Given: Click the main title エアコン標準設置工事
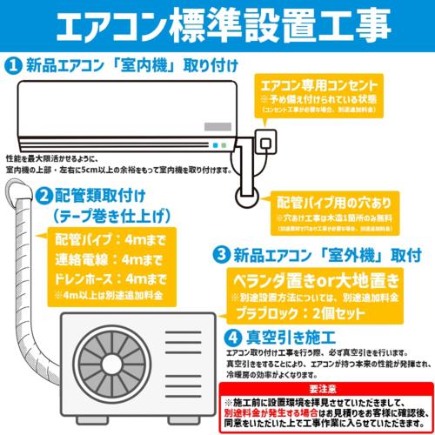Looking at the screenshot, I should point(217,23).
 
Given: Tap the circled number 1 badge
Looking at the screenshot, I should point(14,64).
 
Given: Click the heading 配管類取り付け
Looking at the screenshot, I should point(100,194).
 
